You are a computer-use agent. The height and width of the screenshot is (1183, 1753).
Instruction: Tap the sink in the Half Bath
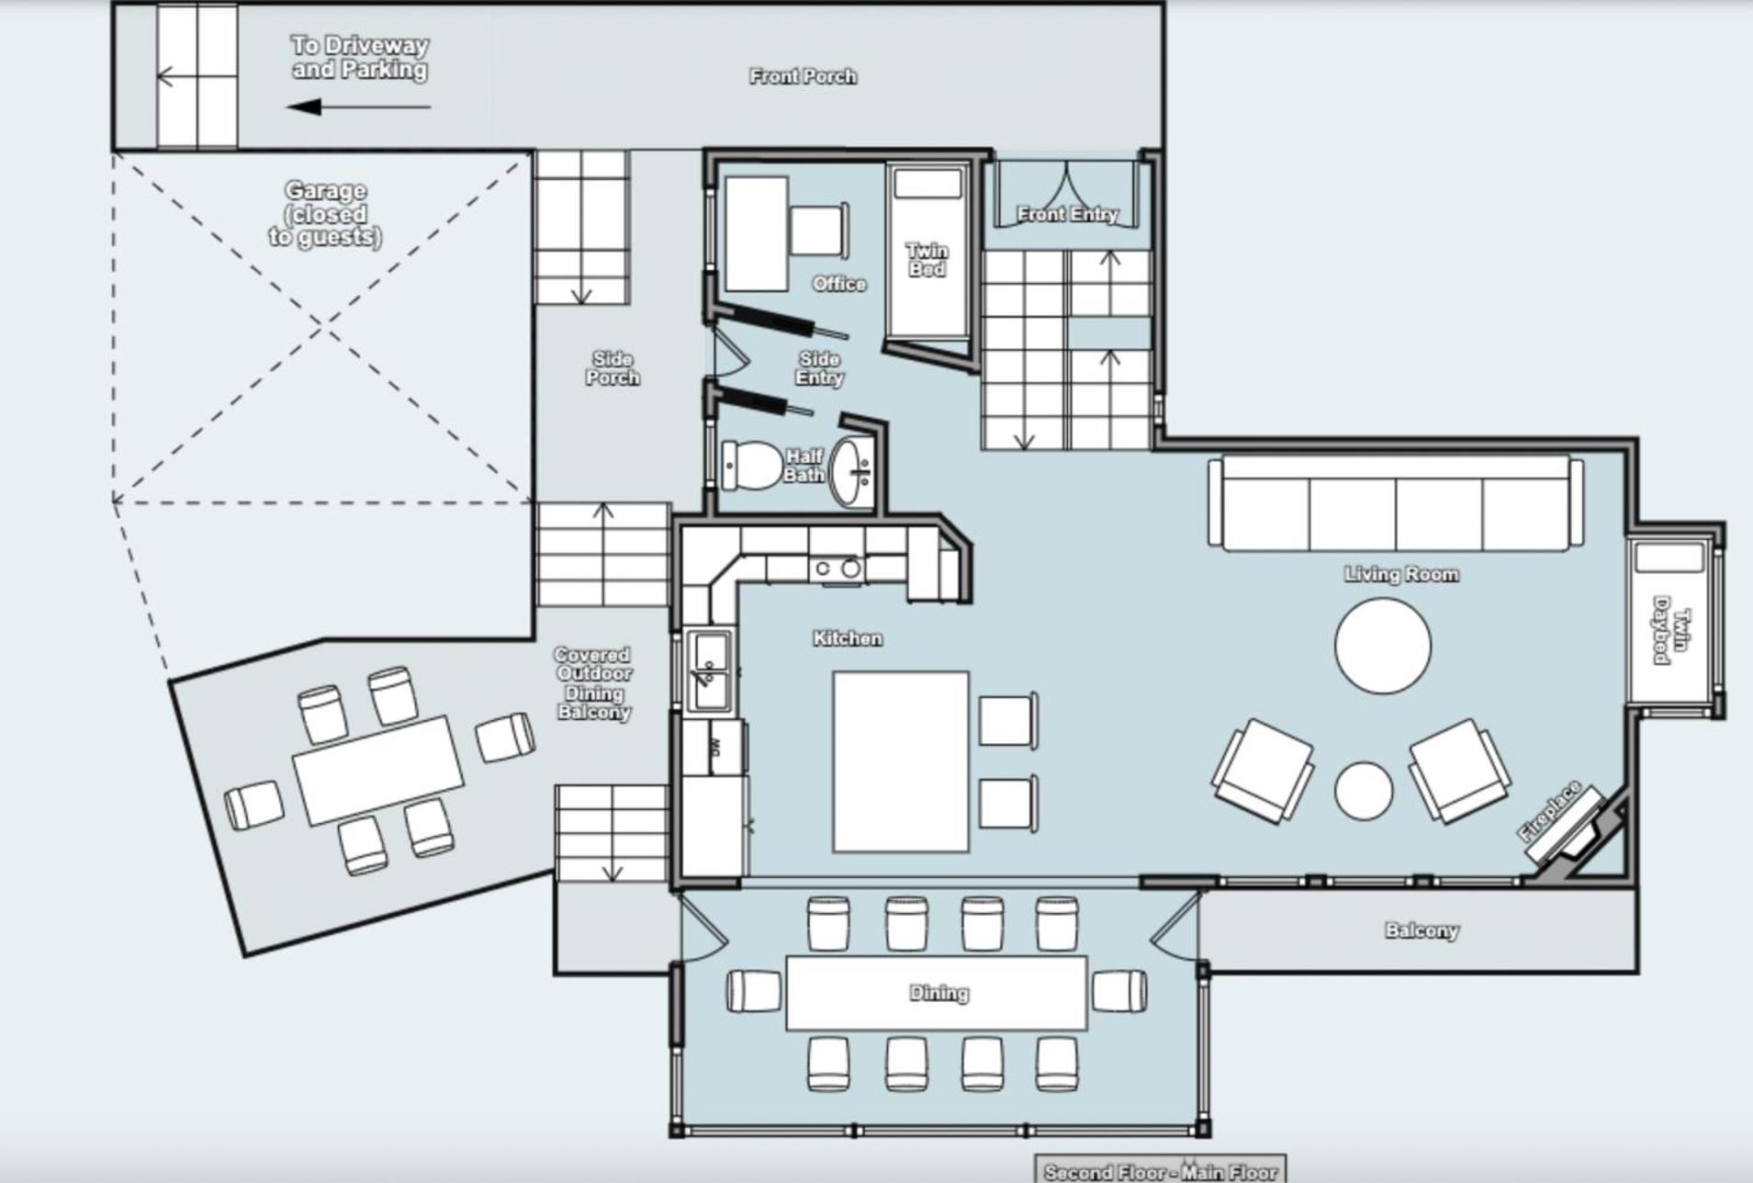[852, 472]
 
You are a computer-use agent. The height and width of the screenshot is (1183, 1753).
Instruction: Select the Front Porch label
[803, 76]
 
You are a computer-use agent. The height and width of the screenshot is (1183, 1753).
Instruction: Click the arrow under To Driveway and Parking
[358, 107]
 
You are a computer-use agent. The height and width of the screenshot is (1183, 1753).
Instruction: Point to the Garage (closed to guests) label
[325, 214]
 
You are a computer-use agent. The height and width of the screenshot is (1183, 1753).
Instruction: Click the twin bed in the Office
[927, 251]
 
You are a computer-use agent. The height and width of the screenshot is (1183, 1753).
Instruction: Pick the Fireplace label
[1550, 811]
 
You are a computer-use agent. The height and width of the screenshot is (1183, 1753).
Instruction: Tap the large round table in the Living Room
[1382, 646]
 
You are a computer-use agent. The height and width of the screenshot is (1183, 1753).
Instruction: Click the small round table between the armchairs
[1363, 790]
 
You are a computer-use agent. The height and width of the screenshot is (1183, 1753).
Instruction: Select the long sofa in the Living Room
[1396, 503]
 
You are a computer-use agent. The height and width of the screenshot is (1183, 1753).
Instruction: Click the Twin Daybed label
[1671, 636]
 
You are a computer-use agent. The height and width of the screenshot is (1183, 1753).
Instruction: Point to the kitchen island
[901, 761]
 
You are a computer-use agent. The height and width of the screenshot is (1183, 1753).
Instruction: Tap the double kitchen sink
[710, 670]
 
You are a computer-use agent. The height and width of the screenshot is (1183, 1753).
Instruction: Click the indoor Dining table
[937, 993]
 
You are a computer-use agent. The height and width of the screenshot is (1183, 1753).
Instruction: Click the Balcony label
[1422, 930]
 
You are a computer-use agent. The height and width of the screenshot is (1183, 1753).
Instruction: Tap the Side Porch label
[612, 367]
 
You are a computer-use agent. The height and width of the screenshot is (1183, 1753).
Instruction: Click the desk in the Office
[757, 234]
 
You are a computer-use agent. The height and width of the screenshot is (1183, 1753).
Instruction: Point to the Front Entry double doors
[1067, 193]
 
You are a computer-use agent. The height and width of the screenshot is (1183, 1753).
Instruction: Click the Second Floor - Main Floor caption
[1161, 1171]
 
